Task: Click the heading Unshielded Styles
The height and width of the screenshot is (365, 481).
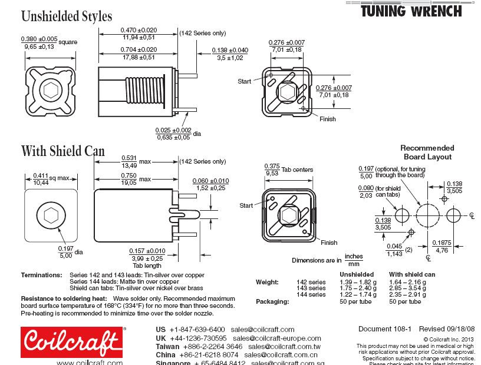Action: (66, 16)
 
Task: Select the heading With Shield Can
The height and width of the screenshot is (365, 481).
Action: (62, 151)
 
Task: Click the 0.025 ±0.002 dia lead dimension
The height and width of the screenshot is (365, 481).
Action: (173, 134)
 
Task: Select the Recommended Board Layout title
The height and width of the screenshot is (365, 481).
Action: (427, 152)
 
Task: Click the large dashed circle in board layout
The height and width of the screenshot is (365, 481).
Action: (427, 215)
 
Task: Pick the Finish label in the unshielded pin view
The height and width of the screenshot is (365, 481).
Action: (327, 119)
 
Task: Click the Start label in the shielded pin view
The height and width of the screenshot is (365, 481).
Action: (246, 205)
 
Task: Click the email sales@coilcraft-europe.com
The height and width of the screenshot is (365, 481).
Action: (276, 339)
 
